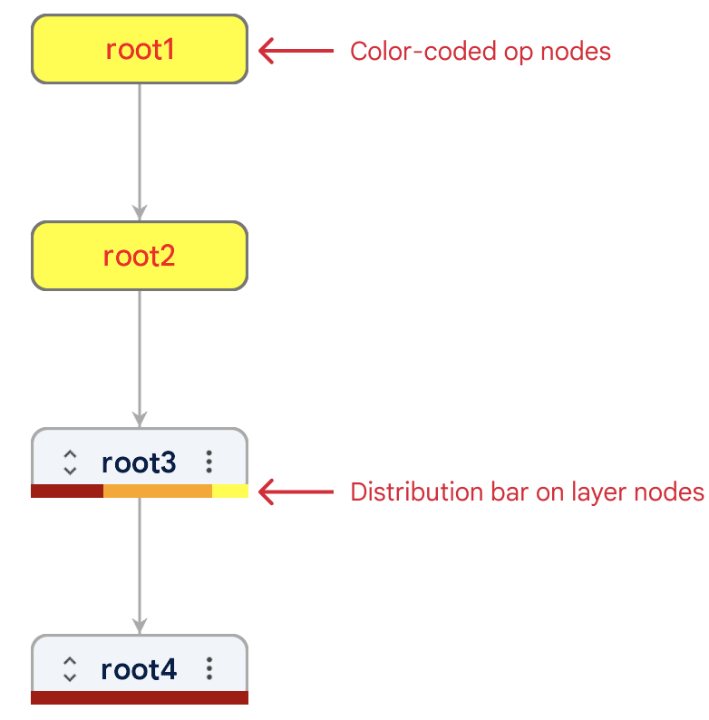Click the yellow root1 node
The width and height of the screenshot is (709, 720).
[139, 50]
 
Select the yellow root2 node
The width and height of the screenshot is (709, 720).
[139, 257]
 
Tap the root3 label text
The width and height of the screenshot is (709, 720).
[139, 462]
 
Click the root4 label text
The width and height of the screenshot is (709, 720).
[139, 670]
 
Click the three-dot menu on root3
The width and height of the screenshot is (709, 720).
[209, 462]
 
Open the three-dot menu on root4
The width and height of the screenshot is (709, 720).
[209, 670]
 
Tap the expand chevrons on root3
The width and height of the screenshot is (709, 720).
[70, 462]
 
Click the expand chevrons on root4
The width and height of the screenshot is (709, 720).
[70, 670]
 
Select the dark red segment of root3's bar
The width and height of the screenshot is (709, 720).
[67, 491]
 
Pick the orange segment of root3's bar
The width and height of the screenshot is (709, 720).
[158, 491]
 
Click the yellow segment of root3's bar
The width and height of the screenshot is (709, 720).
[230, 491]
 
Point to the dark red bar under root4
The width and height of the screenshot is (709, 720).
[139, 697]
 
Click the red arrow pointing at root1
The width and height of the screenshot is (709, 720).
[296, 51]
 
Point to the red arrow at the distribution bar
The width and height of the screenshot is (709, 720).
[296, 492]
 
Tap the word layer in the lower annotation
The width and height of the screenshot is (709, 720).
[591, 492]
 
